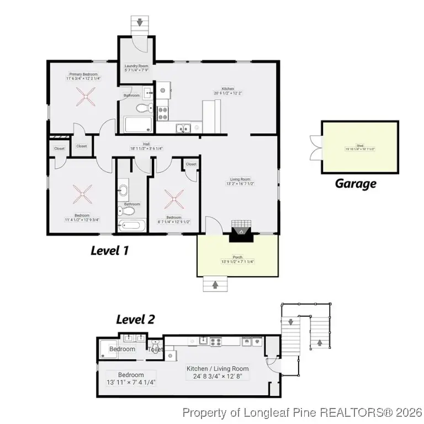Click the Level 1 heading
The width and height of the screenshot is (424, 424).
tap(109, 251)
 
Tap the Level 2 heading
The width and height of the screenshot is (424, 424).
tap(135, 319)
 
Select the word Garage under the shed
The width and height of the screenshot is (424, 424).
tap(356, 184)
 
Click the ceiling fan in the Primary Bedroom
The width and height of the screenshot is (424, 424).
tap(84, 100)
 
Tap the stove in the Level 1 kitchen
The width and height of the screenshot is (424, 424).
tap(163, 113)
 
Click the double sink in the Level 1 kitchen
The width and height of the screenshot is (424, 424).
tap(183, 128)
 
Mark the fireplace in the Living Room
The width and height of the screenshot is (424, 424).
tap(241, 232)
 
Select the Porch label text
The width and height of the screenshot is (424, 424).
tap(237, 259)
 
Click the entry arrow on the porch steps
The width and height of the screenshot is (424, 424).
tap(212, 284)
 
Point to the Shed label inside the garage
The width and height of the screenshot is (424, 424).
tap(359, 146)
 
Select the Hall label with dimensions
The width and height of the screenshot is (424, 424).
tap(146, 146)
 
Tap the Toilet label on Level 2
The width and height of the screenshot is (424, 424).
tap(155, 349)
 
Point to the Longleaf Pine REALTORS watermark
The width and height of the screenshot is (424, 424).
tap(302, 412)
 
